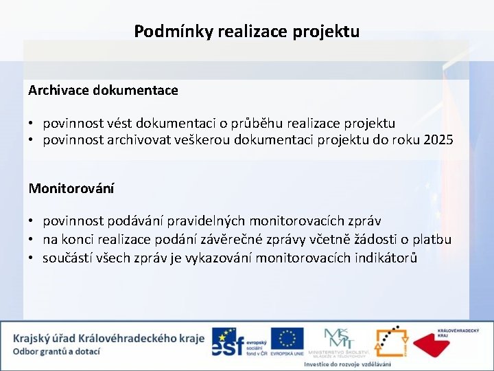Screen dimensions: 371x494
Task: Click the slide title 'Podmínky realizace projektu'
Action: (x=246, y=31)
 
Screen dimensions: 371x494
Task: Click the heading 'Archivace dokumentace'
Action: (x=103, y=90)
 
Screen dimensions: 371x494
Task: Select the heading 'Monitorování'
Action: (x=71, y=188)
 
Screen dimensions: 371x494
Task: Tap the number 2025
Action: (x=438, y=141)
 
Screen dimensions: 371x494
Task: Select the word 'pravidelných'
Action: (x=201, y=221)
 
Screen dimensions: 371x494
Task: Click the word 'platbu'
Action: (x=432, y=240)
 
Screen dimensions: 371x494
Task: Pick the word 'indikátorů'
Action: (x=384, y=258)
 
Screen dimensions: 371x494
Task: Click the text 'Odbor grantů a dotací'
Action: (x=56, y=351)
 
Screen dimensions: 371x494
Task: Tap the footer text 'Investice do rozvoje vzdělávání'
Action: (x=347, y=364)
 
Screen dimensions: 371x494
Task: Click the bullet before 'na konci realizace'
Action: (x=32, y=240)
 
